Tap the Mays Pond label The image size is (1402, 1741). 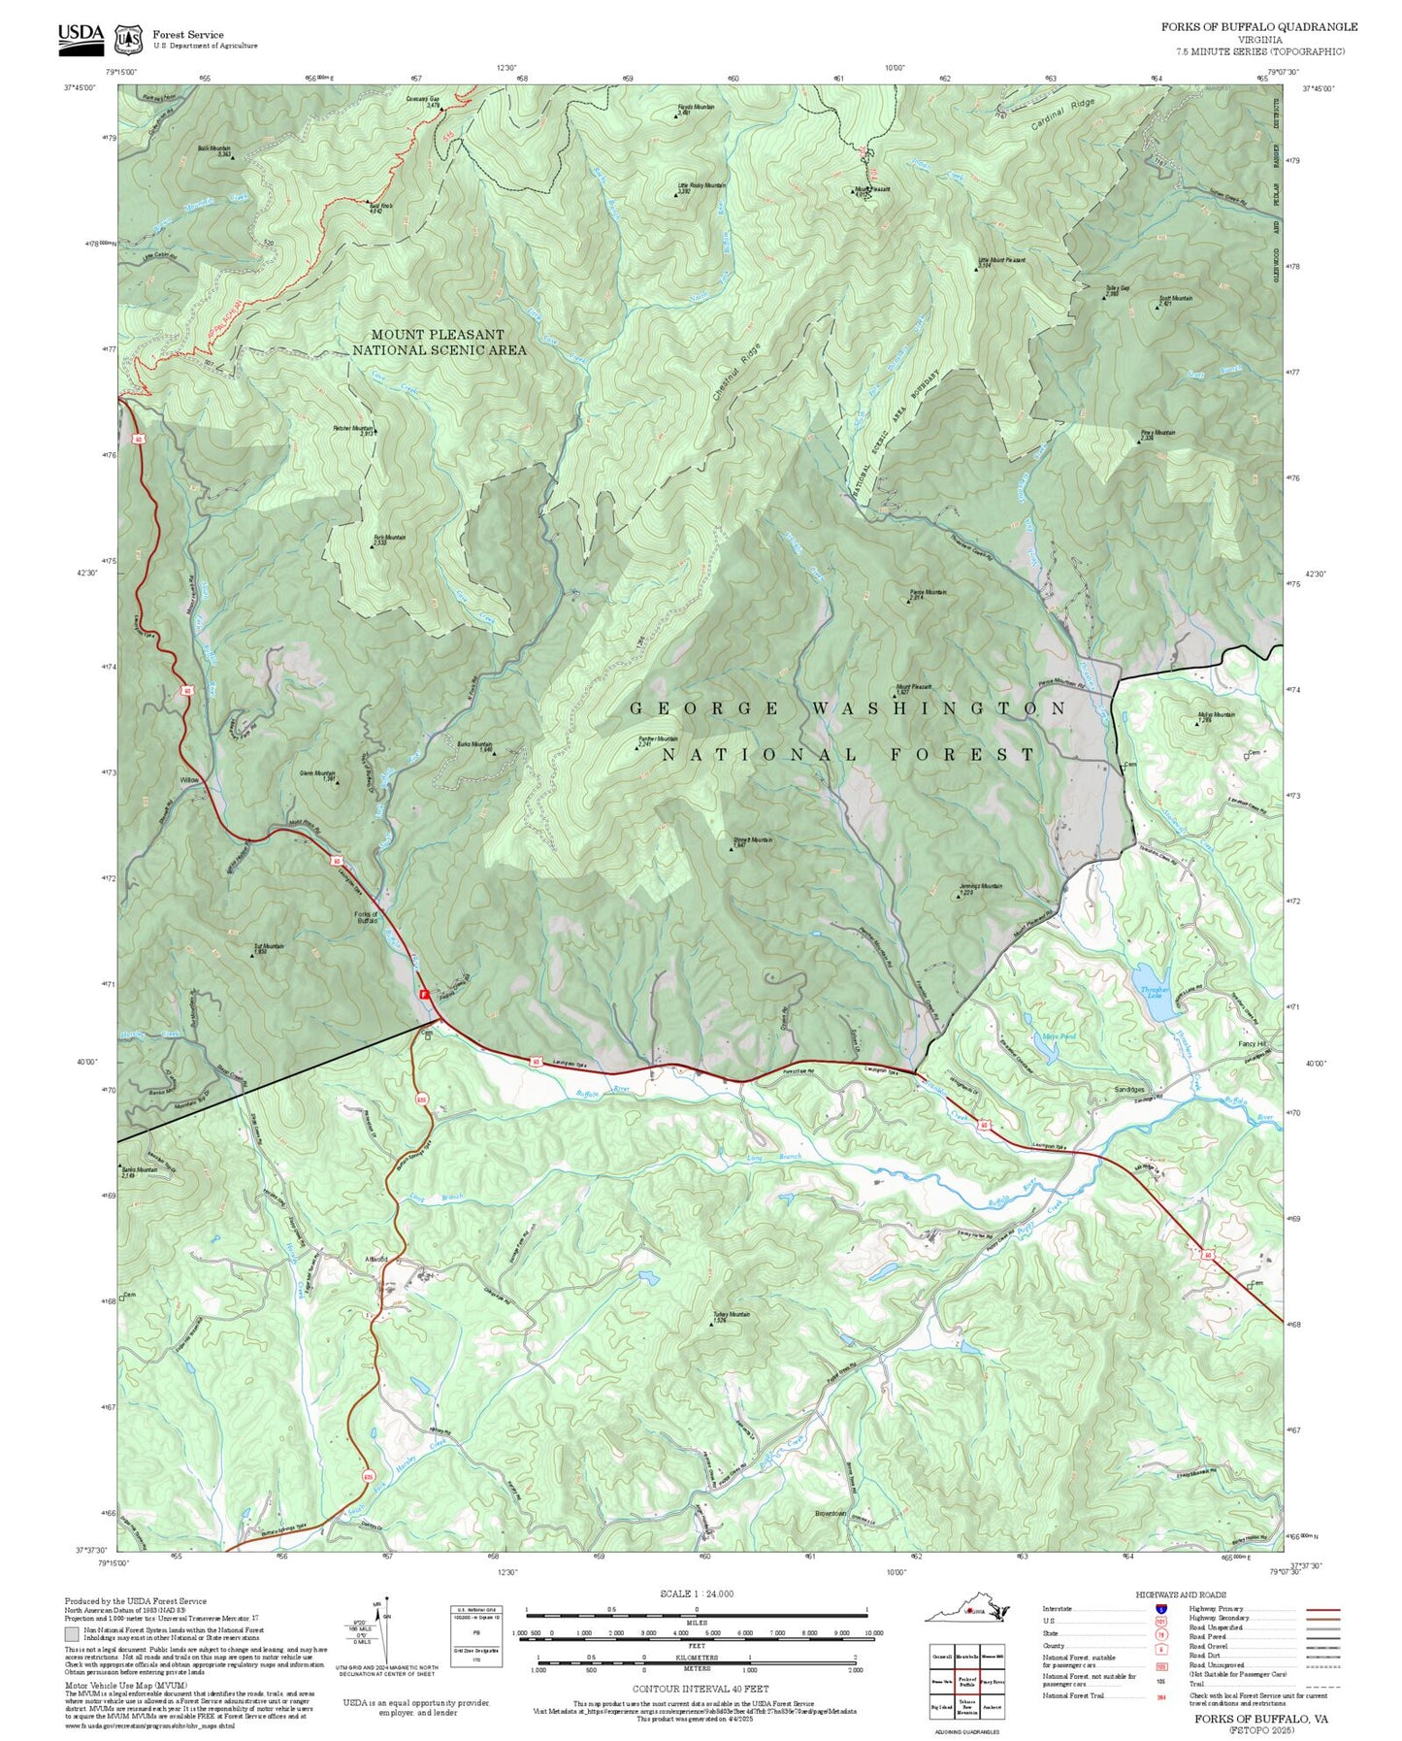coord(1059,1036)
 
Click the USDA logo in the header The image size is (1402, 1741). coord(81,37)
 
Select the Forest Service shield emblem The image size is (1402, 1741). coord(127,39)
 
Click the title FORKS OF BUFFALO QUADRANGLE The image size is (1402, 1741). coord(1258,27)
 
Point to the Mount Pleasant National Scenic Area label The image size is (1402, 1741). coord(439,343)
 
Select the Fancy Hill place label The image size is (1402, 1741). coord(1253,1044)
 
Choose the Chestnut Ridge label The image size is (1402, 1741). coord(736,372)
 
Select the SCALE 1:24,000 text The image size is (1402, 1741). coord(696,1594)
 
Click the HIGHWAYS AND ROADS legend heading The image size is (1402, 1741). coord(1181,1594)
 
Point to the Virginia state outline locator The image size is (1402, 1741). coord(967,1612)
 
